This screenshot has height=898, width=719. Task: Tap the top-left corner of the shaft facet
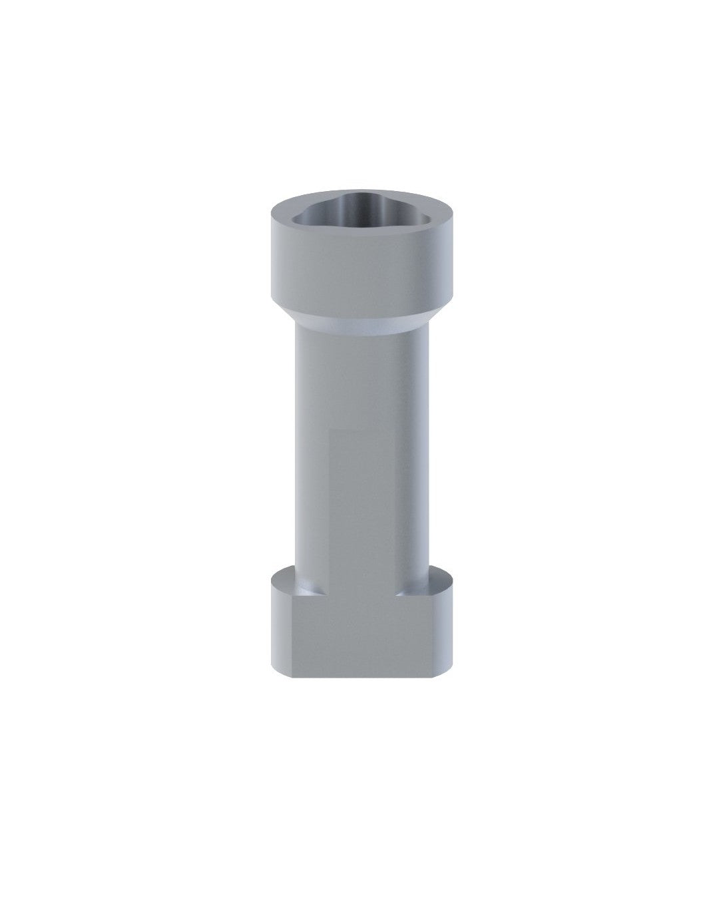coord(332,430)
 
